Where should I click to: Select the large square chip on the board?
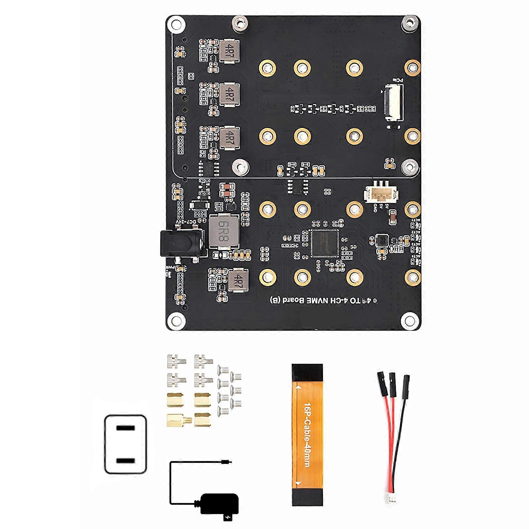pos(324,243)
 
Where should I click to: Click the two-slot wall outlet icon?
pos(126,444)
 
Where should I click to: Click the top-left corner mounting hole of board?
pos(177,24)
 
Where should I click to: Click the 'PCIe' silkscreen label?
pos(398,80)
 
